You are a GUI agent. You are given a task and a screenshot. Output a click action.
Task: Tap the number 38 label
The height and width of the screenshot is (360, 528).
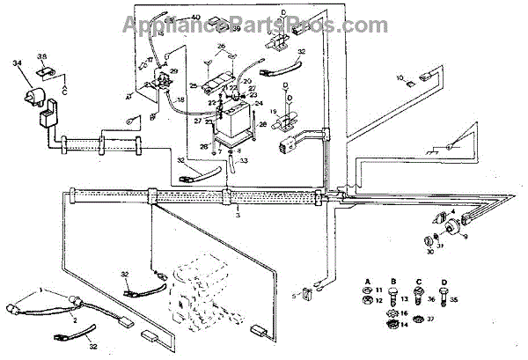[x=40, y=57]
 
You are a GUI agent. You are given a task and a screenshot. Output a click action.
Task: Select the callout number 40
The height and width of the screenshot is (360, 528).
[x=194, y=18]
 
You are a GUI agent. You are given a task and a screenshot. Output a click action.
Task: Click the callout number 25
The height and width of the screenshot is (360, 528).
[x=192, y=85]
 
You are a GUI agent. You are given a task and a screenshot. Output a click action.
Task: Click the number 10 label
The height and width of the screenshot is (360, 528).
[x=400, y=79]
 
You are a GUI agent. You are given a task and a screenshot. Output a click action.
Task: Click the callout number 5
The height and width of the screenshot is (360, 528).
[x=296, y=295]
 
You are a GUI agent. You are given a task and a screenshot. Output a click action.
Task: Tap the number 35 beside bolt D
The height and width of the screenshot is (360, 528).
[x=453, y=300]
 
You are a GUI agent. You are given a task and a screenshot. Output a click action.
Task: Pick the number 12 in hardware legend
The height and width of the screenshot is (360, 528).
[x=379, y=301]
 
